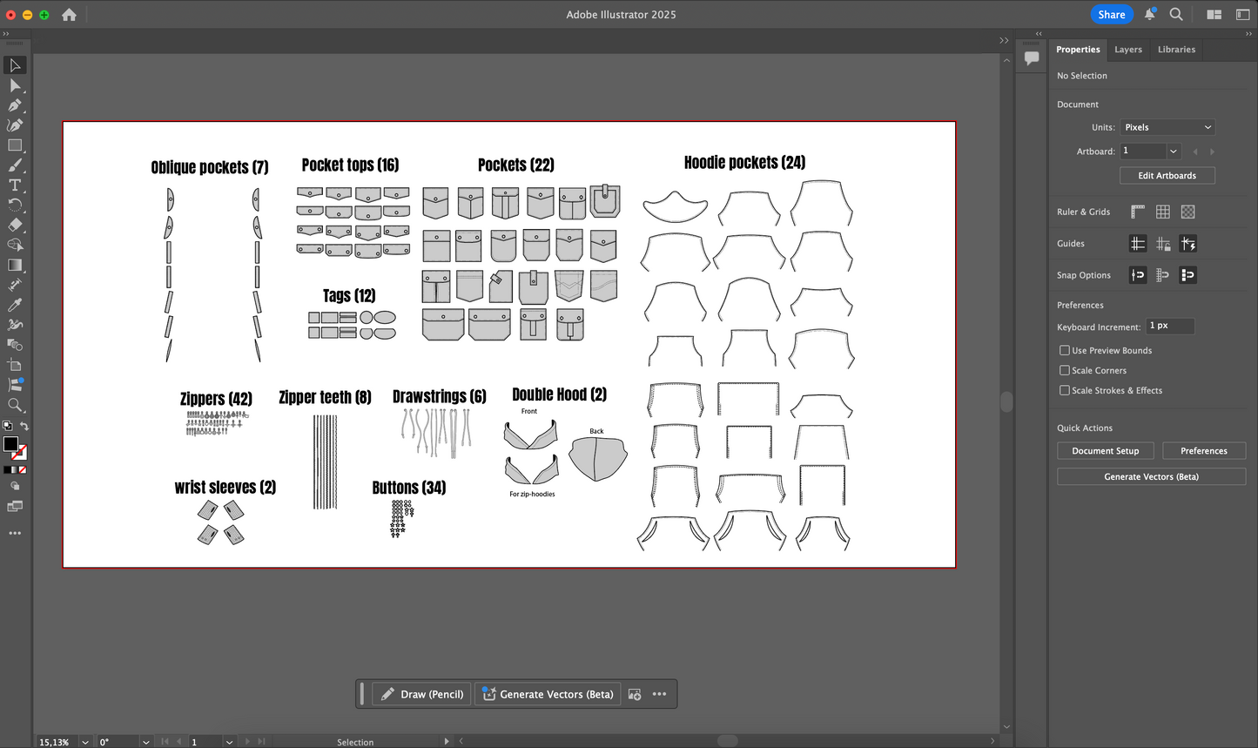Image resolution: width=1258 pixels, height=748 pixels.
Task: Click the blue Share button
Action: coord(1111,15)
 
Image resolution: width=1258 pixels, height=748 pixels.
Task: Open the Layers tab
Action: coord(1127,50)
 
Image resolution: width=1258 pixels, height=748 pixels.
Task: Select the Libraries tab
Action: coord(1176,50)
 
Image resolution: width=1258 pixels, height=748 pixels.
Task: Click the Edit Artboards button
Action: coord(1167,176)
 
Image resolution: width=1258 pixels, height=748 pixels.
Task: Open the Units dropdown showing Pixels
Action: coord(1167,127)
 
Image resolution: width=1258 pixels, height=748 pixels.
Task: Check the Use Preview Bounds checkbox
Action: coord(1065,351)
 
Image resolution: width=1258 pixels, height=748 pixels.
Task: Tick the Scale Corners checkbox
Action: coord(1065,371)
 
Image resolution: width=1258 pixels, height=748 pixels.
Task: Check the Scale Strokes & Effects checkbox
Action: coord(1065,391)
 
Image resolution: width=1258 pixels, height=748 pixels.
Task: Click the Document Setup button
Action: coord(1105,451)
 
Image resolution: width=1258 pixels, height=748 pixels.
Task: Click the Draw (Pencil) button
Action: coord(422,694)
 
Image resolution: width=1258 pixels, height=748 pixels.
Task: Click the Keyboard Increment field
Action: coord(1169,327)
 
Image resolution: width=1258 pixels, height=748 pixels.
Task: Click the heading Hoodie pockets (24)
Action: coord(744,163)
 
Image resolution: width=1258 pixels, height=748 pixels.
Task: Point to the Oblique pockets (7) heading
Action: coord(210,167)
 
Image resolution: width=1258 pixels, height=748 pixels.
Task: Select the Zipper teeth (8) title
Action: coord(325,398)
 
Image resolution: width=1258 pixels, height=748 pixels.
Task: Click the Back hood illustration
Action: coord(598,459)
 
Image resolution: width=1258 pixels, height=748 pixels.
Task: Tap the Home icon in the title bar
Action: coord(69,15)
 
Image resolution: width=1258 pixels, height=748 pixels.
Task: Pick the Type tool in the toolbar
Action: coord(15,185)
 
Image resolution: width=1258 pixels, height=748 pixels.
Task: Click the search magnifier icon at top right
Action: coord(1176,15)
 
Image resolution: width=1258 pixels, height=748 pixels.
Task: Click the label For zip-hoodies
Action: coord(532,495)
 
